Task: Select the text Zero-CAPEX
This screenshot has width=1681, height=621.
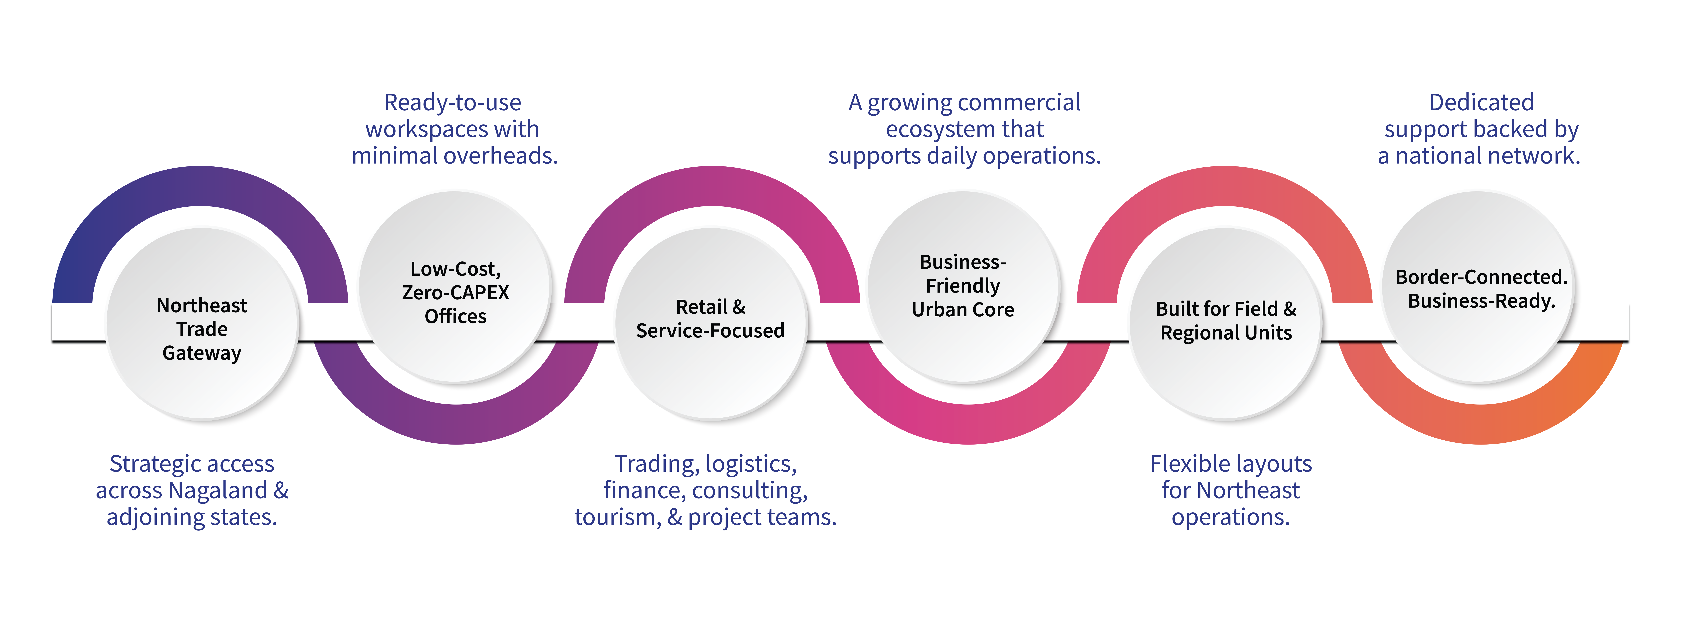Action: click(x=456, y=293)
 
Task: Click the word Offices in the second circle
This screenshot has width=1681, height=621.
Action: click(x=456, y=317)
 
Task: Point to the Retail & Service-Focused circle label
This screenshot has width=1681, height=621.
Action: click(x=710, y=319)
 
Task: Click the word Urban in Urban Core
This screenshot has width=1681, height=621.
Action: click(x=937, y=309)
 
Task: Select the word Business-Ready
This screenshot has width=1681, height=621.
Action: click(x=1481, y=301)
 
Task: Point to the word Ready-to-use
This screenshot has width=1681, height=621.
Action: click(x=452, y=102)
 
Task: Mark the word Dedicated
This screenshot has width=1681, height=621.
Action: click(x=1481, y=102)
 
